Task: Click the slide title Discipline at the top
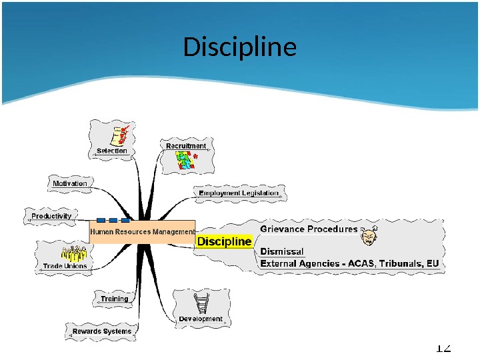pyautogui.click(x=239, y=47)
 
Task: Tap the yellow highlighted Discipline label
pyautogui.click(x=225, y=241)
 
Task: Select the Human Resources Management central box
pyautogui.click(x=142, y=232)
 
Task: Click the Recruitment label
pyautogui.click(x=186, y=145)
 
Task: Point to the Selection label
pyautogui.click(x=111, y=151)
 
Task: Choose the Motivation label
pyautogui.click(x=70, y=183)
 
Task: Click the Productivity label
pyautogui.click(x=51, y=216)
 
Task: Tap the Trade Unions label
pyautogui.click(x=65, y=266)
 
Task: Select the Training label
pyautogui.click(x=115, y=299)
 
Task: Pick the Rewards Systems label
pyautogui.click(x=102, y=331)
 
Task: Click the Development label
pyautogui.click(x=200, y=319)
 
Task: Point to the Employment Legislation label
pyautogui.click(x=239, y=193)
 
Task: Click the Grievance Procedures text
pyautogui.click(x=309, y=229)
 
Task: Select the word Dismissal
pyautogui.click(x=282, y=251)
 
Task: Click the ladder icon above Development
pyautogui.click(x=202, y=303)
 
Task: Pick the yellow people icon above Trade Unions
pyautogui.click(x=74, y=253)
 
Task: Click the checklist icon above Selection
pyautogui.click(x=120, y=135)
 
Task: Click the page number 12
pyautogui.click(x=443, y=348)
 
